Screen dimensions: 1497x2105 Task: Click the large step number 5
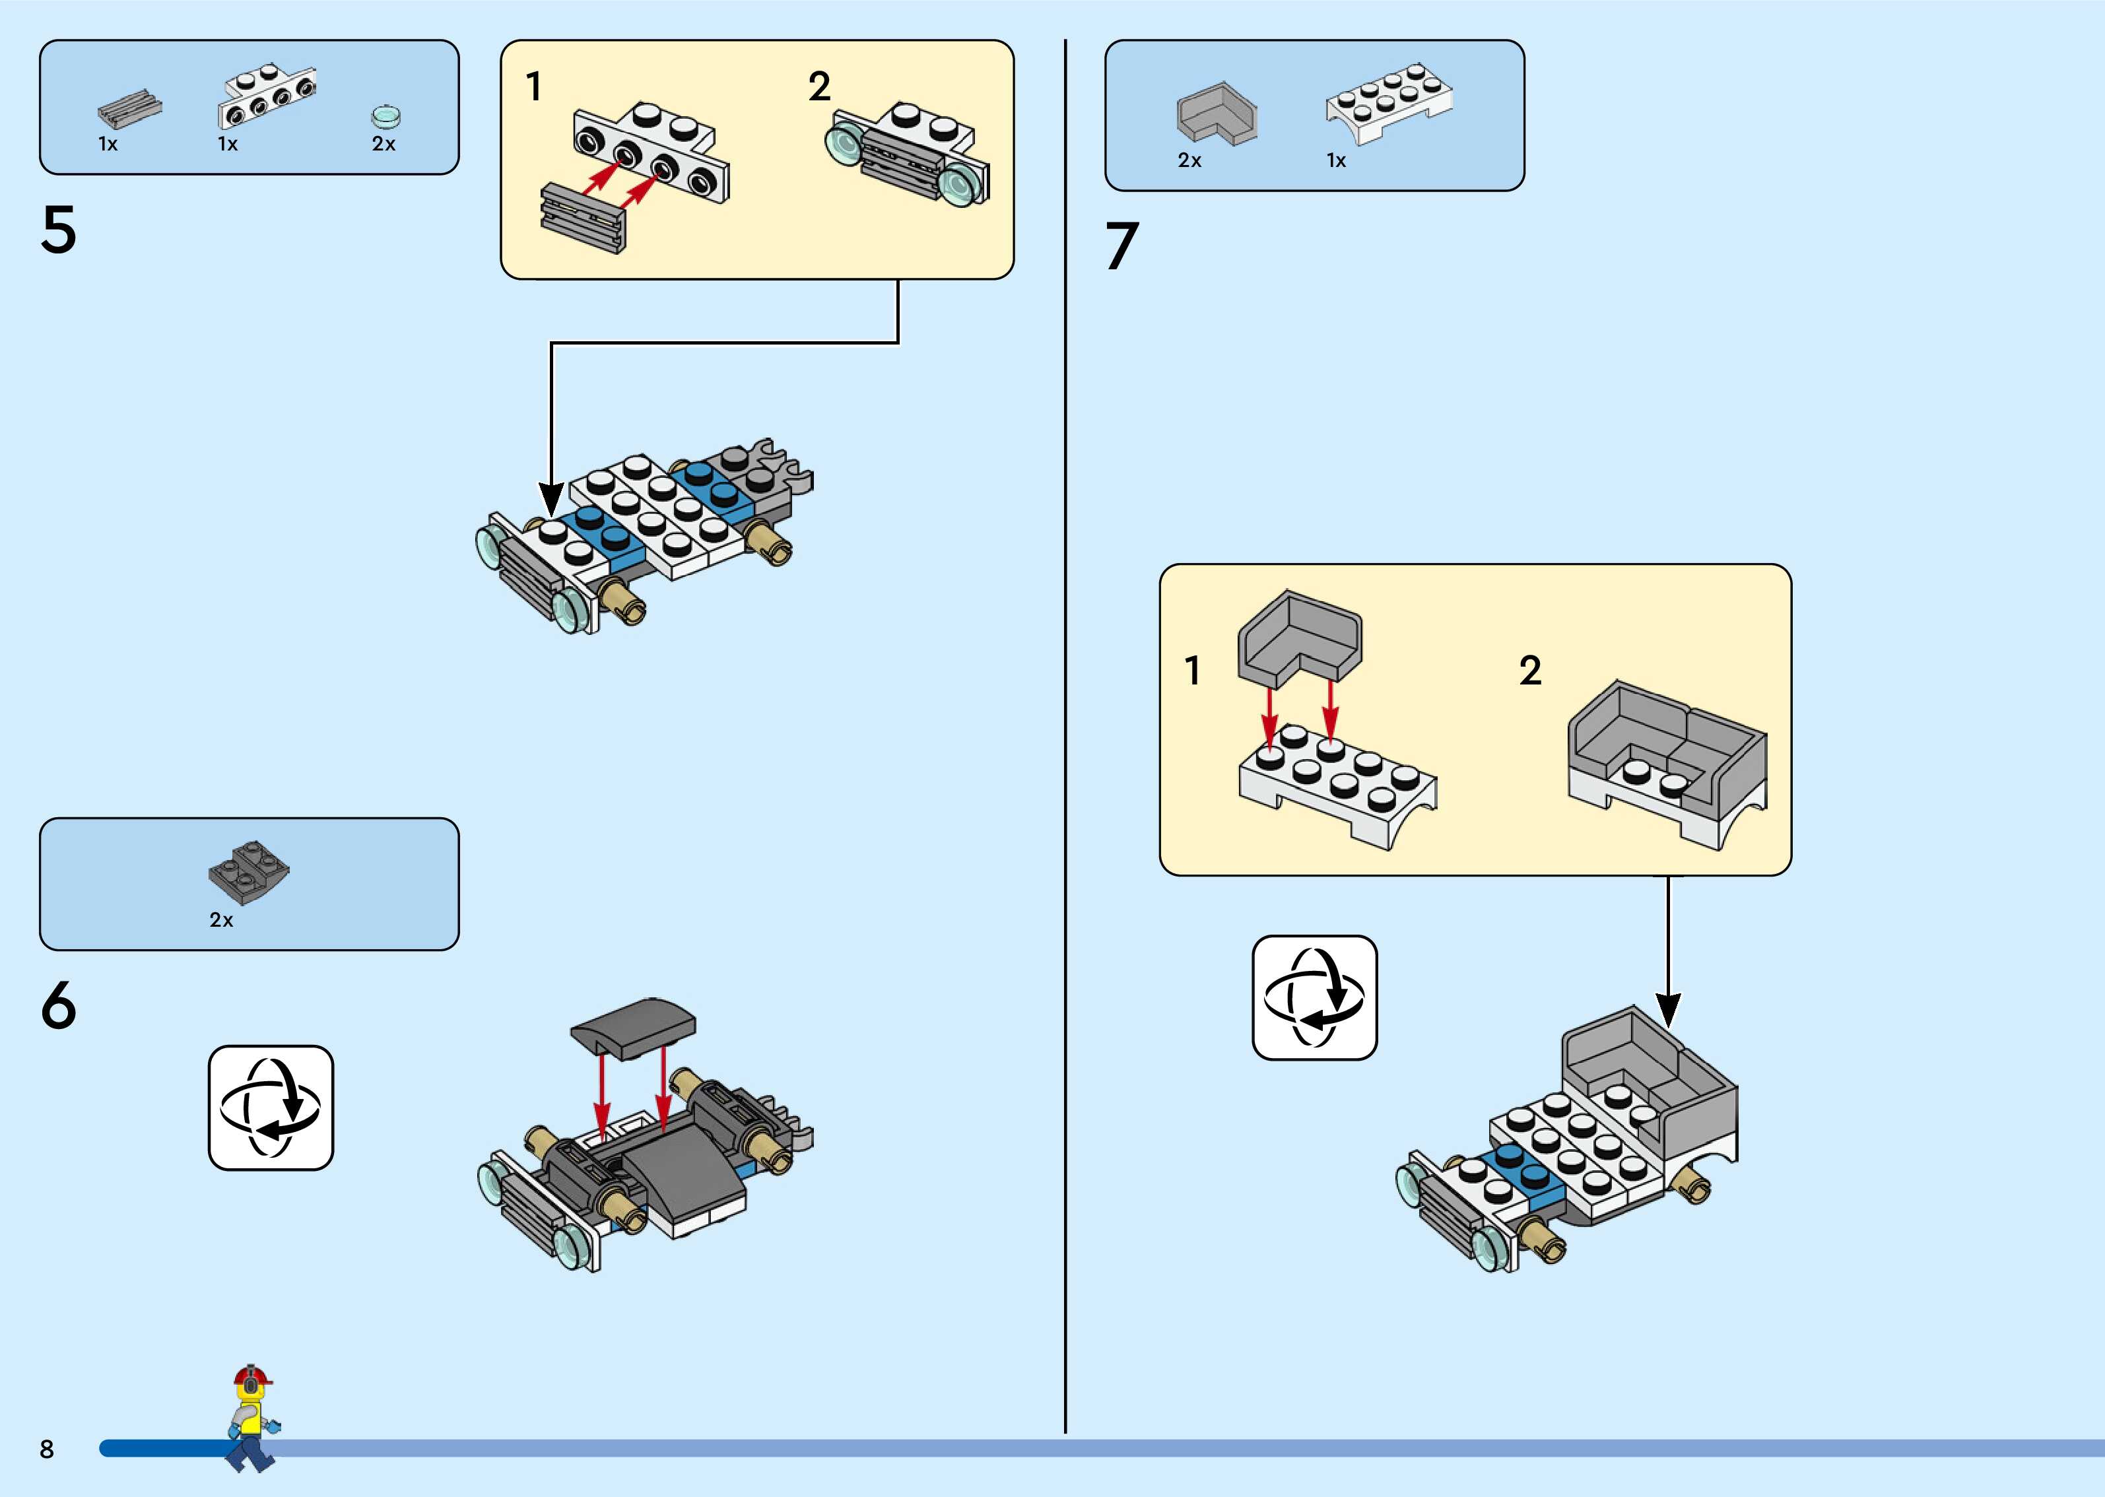(x=58, y=230)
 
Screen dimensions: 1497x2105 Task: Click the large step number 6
(x=58, y=1006)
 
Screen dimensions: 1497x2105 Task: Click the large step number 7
(x=1121, y=246)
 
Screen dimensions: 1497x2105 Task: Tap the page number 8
(x=47, y=1448)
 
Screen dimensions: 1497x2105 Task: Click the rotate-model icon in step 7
(x=1314, y=997)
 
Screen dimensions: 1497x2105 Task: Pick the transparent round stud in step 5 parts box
(x=386, y=117)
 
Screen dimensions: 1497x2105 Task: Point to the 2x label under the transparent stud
(x=384, y=144)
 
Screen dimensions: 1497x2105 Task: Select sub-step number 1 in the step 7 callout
(x=1193, y=671)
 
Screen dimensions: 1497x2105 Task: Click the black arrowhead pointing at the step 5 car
(x=551, y=500)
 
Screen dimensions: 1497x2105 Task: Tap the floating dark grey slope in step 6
(x=633, y=1025)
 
